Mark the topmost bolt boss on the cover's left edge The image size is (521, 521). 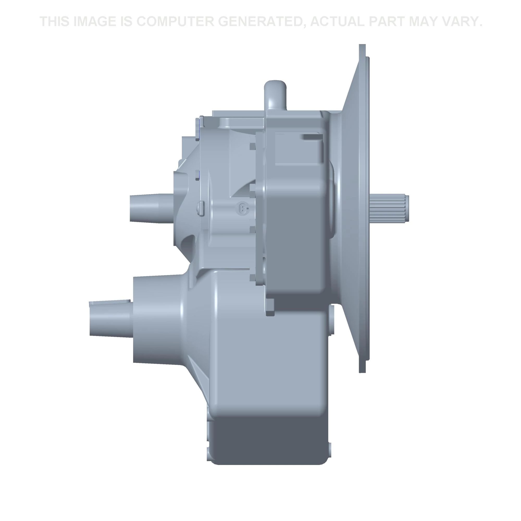[x=252, y=146]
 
